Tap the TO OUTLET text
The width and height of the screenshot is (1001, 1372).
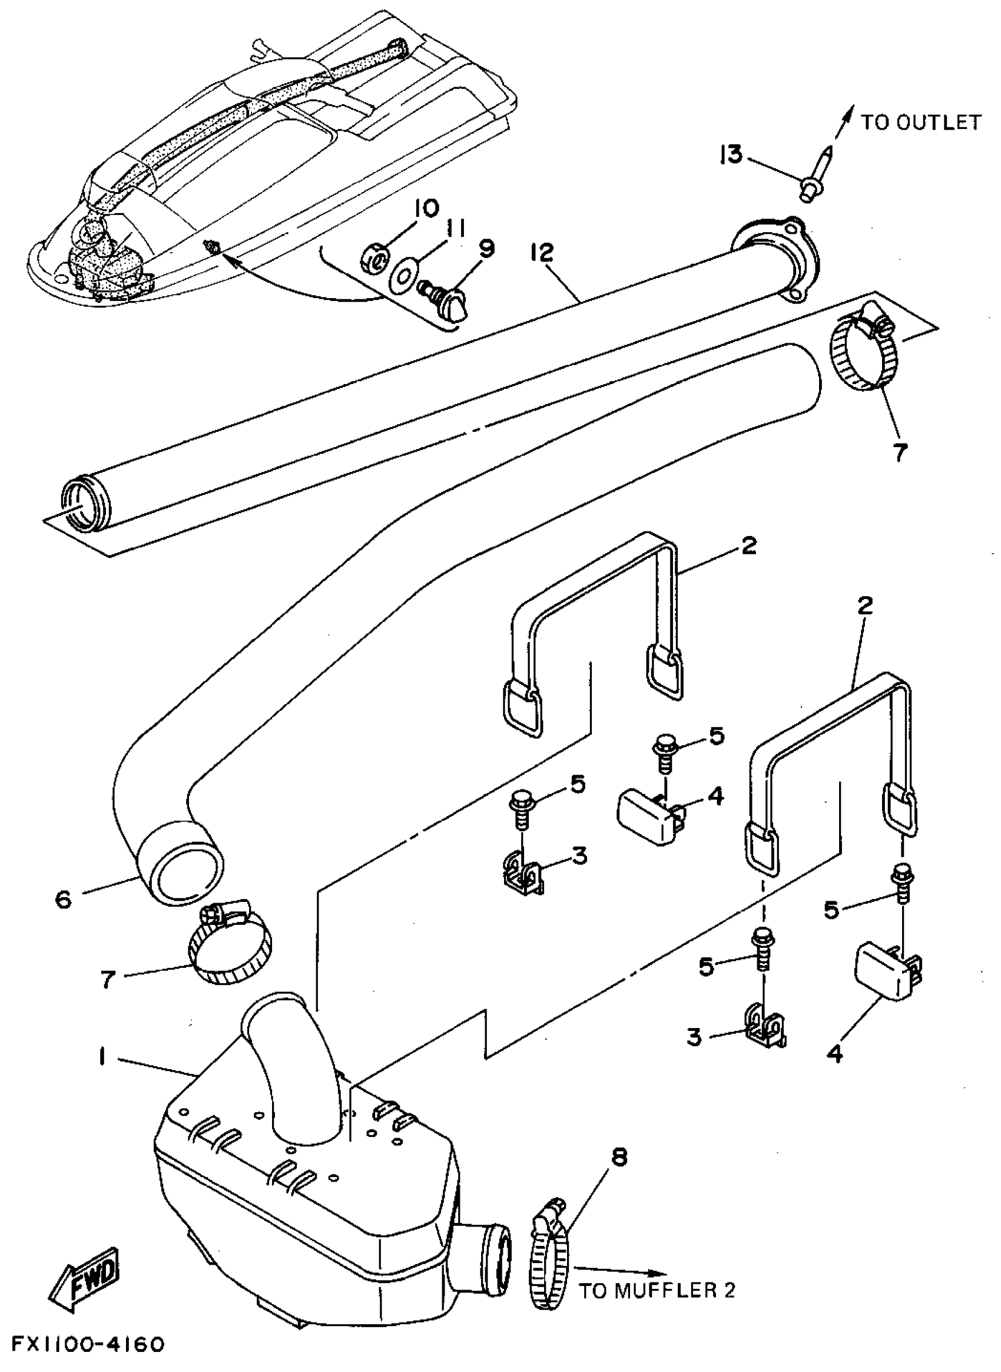click(920, 123)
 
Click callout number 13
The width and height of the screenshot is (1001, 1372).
click(731, 155)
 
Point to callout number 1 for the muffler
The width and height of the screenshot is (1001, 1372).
click(102, 1057)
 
